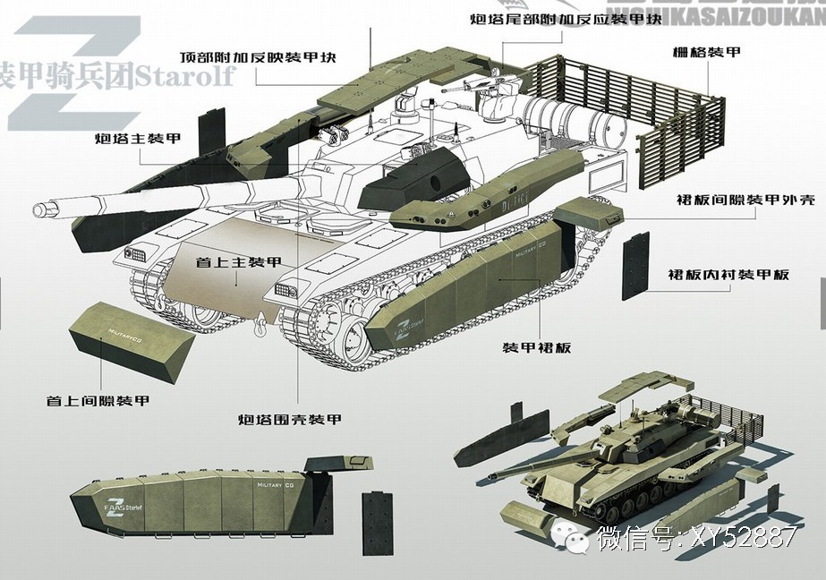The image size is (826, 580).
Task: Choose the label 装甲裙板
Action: [x=536, y=347]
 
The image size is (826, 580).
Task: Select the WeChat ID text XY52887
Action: [x=739, y=538]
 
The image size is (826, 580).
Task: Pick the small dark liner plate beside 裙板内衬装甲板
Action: [x=635, y=265]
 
